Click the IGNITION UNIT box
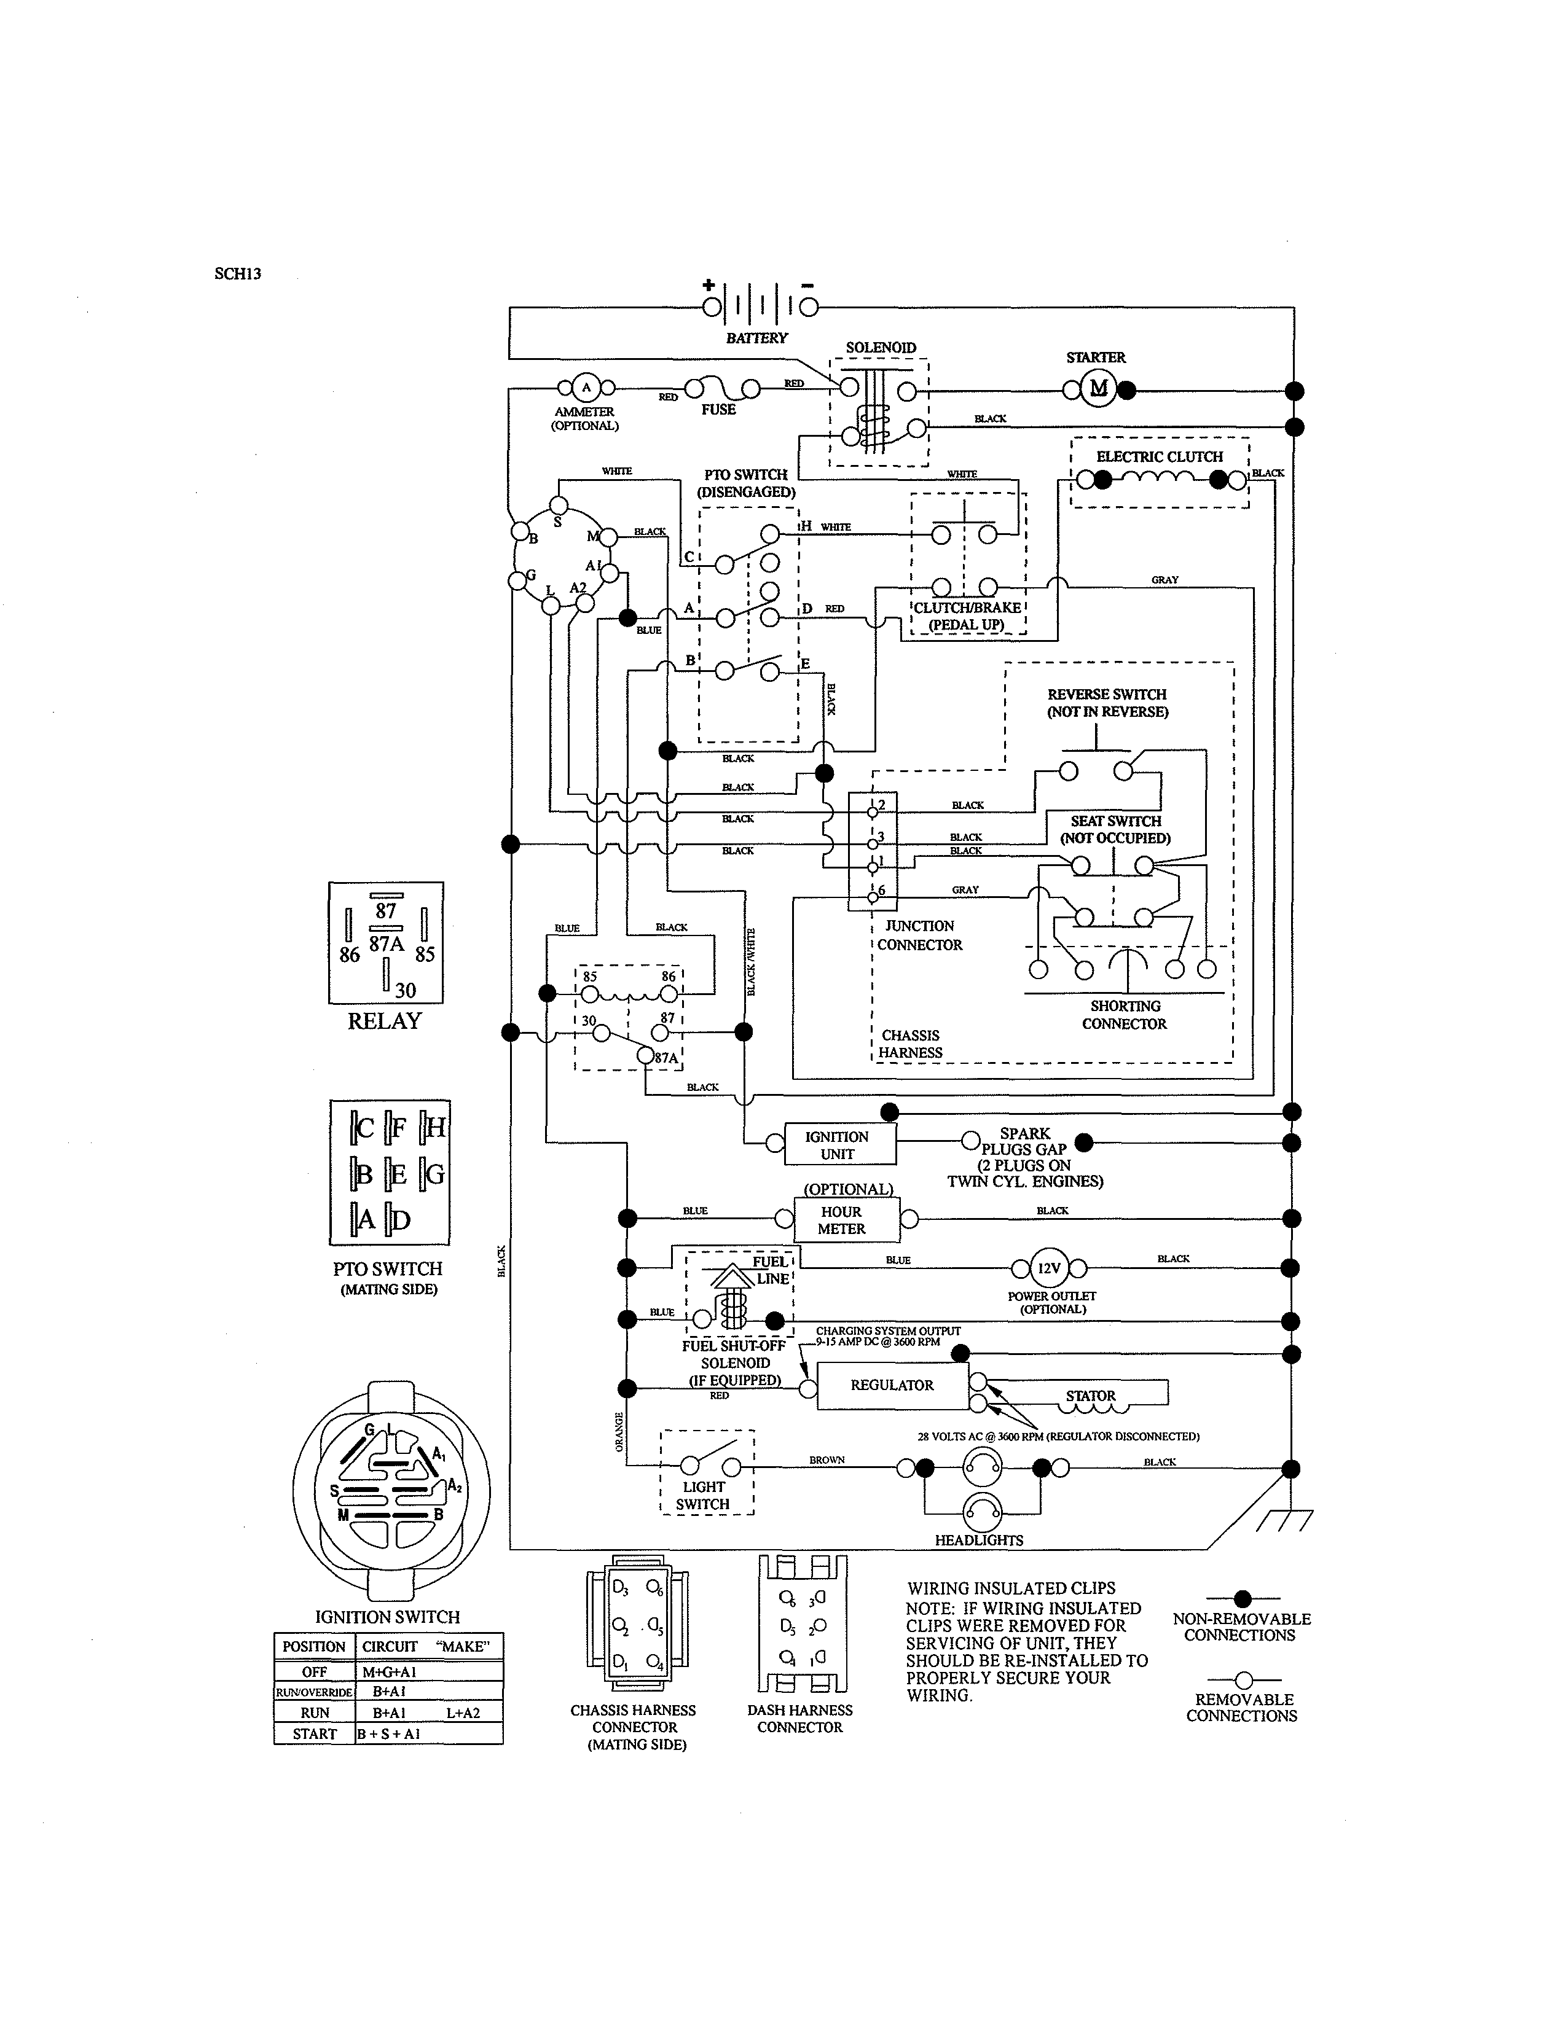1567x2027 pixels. pos(838,1144)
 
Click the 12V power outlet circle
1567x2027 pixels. pos(1049,1268)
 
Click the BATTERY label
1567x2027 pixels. pos(756,338)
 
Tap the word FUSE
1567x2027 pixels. pos(718,409)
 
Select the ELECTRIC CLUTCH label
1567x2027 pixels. pos(1160,456)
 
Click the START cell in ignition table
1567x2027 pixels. pos(315,1734)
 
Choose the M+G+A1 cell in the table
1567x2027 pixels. pos(389,1673)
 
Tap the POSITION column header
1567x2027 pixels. pos(314,1646)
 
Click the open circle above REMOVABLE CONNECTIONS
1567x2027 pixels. pos(1244,1680)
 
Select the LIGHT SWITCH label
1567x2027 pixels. pos(703,1495)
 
